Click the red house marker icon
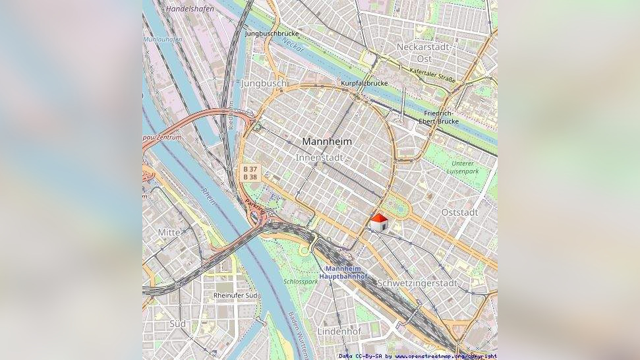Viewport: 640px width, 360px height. (379, 223)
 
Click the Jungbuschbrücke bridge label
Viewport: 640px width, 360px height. (272, 33)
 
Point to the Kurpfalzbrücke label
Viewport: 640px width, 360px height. (364, 84)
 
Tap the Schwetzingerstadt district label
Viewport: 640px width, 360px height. (417, 283)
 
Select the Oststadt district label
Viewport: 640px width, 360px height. (459, 212)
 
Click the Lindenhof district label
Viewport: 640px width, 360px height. (339, 332)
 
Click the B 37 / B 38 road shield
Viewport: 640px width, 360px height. (250, 173)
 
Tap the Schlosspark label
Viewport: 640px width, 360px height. (301, 282)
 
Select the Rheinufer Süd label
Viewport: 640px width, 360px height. (235, 295)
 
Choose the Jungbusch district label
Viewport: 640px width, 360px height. (264, 84)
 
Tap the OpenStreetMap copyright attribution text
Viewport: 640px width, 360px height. (418, 356)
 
